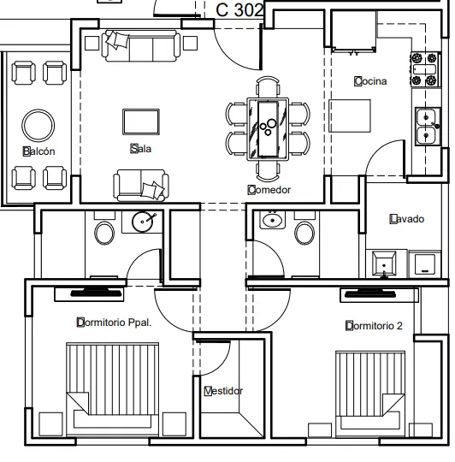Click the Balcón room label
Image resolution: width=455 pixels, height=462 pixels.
pos(38,151)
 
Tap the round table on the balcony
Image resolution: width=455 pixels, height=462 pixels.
pos(38,125)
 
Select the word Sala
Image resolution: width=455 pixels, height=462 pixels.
pos(141,149)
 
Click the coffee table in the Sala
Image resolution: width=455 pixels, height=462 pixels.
pos(141,122)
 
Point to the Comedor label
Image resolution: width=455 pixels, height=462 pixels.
pos(269,190)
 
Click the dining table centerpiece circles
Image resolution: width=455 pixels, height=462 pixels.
pos(269,127)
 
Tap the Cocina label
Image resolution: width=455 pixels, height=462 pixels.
pos(370,81)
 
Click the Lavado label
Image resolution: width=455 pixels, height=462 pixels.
pos(407,219)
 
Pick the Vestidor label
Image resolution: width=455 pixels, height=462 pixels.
pos(223,391)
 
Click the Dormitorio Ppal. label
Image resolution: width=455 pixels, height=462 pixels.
pos(114,323)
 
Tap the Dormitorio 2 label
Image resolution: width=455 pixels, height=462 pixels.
pos(374,326)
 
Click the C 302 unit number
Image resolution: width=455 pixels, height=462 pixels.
pos(239,10)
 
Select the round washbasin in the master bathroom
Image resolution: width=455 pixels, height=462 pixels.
pos(143,222)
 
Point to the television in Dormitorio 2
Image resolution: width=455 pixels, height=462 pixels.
pos(370,293)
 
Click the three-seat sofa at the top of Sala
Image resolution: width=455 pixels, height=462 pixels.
pos(141,45)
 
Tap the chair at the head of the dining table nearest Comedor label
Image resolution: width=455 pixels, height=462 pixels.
pos(268,171)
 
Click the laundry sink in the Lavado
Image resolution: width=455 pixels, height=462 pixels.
pos(384,264)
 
